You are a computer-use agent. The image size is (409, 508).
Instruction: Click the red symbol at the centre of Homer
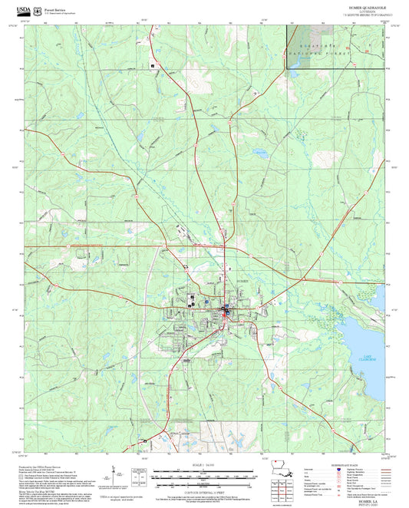(225, 309)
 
